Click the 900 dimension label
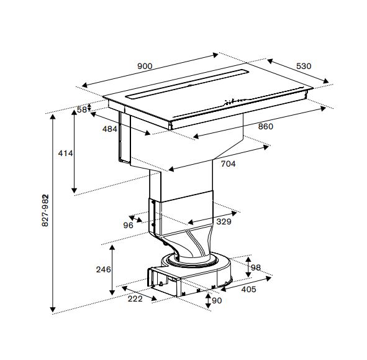pyautogui.click(x=145, y=67)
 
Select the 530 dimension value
pyautogui.click(x=304, y=66)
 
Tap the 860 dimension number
pyautogui.click(x=266, y=127)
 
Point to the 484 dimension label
pyautogui.click(x=110, y=129)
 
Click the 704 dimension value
pyautogui.click(x=228, y=164)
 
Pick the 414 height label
pyautogui.click(x=66, y=154)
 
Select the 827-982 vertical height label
pyautogui.click(x=45, y=210)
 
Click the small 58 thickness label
pyautogui.click(x=82, y=109)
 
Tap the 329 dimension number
pyautogui.click(x=224, y=222)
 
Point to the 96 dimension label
pyautogui.click(x=129, y=226)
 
